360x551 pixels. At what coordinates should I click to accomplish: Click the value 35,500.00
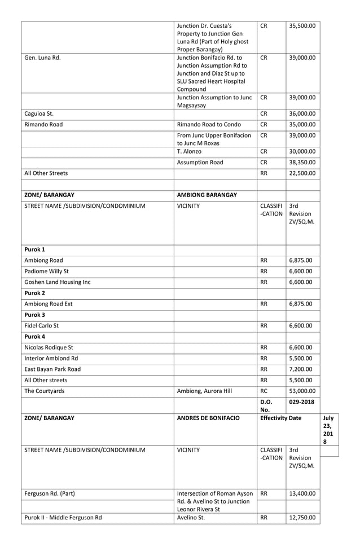pyautogui.click(x=302, y=25)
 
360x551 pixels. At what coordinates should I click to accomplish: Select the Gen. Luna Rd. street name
pyautogui.click(x=42, y=58)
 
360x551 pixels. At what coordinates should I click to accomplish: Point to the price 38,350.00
pyautogui.click(x=302, y=163)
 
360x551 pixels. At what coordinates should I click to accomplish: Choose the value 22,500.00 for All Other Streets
pyautogui.click(x=302, y=174)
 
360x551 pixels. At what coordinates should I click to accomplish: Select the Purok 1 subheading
pyautogui.click(x=34, y=250)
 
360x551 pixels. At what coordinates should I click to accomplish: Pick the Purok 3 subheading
pyautogui.click(x=34, y=315)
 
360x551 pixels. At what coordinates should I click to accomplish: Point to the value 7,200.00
pyautogui.click(x=300, y=369)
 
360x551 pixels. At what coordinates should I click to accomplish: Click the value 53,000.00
pyautogui.click(x=302, y=391)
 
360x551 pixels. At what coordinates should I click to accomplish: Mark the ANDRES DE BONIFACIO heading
pyautogui.click(x=208, y=419)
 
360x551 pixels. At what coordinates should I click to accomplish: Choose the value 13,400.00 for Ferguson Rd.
pyautogui.click(x=302, y=493)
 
